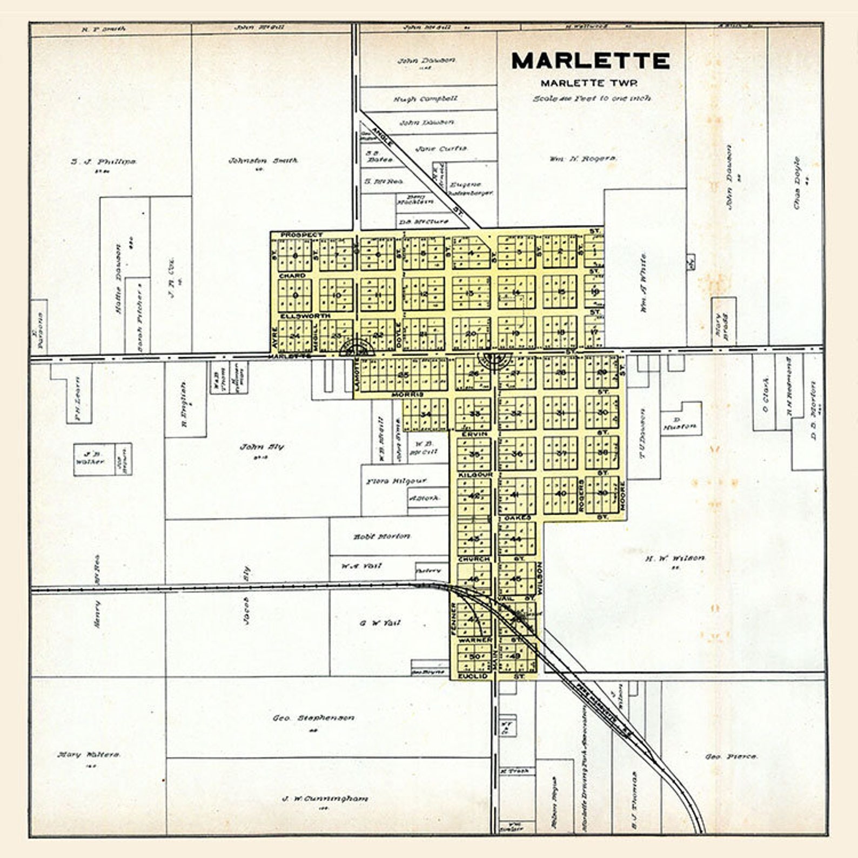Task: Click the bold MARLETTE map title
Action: pyautogui.click(x=590, y=61)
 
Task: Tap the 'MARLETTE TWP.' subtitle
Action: pyautogui.click(x=589, y=83)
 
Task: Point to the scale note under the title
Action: pyautogui.click(x=592, y=98)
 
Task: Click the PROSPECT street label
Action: pyautogui.click(x=301, y=235)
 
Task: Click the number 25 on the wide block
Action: pyautogui.click(x=403, y=374)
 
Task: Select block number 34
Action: pyautogui.click(x=426, y=414)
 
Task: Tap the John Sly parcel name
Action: pyautogui.click(x=262, y=447)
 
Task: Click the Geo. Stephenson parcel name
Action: pyautogui.click(x=313, y=718)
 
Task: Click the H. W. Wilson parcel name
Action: pyautogui.click(x=674, y=558)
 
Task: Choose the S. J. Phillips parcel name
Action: pyautogui.click(x=103, y=161)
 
